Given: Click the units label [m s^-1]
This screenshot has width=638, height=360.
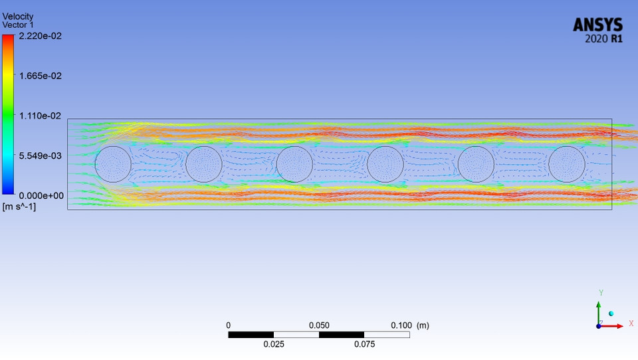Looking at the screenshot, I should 19,207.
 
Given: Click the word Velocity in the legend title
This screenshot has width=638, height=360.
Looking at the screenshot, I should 18,16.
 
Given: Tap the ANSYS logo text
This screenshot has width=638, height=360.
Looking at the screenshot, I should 598,25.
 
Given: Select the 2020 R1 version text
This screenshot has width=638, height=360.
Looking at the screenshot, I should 603,39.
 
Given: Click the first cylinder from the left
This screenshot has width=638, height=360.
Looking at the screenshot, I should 113,164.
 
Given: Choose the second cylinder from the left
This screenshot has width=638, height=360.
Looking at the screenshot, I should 204,164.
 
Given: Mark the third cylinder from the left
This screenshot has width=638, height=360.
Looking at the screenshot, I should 294,164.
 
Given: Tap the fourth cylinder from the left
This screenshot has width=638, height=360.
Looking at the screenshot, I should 385,164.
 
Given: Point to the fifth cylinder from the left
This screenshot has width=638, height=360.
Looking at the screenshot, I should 476,164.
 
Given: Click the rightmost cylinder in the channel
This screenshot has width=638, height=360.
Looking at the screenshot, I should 567,164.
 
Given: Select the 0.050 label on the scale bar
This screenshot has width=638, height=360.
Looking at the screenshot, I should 319,325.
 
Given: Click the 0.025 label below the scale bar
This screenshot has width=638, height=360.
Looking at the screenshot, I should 274,344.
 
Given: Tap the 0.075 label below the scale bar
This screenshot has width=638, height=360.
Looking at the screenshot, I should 364,344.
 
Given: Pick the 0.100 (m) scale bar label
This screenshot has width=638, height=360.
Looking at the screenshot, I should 409,325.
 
